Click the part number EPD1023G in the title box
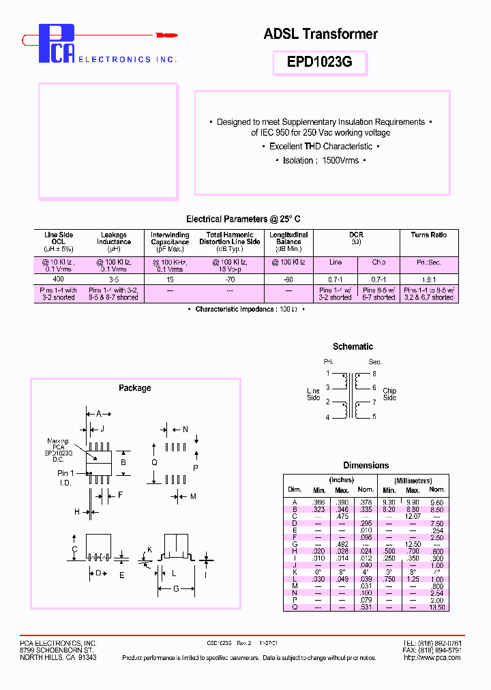(x=320, y=62)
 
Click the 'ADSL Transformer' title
(x=321, y=33)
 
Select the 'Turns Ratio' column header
(x=429, y=235)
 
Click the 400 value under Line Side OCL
(x=59, y=280)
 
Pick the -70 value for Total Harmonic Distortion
(x=229, y=280)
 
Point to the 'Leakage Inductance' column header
(x=114, y=239)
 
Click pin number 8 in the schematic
(x=374, y=374)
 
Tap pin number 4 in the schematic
(x=328, y=417)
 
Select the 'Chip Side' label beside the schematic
(x=389, y=394)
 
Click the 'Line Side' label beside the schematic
(x=314, y=394)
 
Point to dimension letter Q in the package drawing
(x=154, y=462)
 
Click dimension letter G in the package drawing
(x=175, y=589)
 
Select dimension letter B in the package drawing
(x=123, y=462)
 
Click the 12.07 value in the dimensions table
(x=413, y=516)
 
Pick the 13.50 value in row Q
(x=437, y=607)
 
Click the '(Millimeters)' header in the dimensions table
(x=413, y=481)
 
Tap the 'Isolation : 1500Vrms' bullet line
(x=321, y=160)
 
